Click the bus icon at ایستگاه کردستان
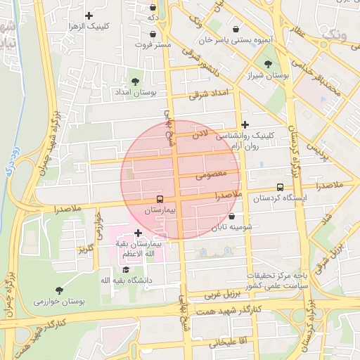(281, 188)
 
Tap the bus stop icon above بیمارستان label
(160, 199)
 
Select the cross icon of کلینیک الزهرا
(89, 15)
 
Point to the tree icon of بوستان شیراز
(268, 64)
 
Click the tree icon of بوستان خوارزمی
(58, 290)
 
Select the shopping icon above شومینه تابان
(231, 217)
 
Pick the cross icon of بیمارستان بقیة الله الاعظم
(138, 232)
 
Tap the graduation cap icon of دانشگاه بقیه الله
(126, 269)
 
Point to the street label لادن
(201, 134)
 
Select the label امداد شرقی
(209, 94)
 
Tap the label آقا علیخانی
(225, 343)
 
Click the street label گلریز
(86, 248)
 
